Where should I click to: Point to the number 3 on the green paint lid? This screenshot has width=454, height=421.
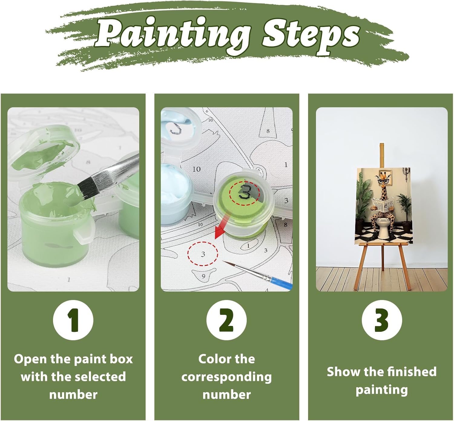tap(245, 191)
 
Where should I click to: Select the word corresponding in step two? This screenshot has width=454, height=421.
tap(226, 378)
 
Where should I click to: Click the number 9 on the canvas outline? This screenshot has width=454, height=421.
tap(203, 276)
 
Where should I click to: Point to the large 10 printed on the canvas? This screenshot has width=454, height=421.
tap(197, 169)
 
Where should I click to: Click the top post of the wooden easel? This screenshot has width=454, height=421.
tap(382, 156)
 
